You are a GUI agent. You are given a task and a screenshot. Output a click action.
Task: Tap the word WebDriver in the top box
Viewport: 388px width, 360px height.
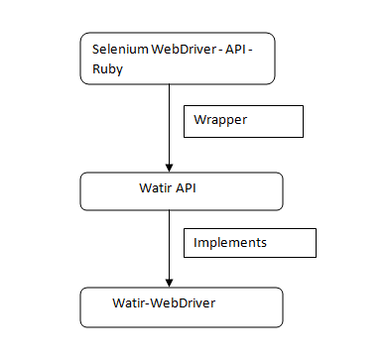click(x=183, y=50)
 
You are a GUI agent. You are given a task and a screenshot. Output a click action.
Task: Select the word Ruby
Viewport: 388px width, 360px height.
click(x=105, y=67)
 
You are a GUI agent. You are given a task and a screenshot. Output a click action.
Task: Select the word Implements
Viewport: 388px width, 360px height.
click(x=230, y=241)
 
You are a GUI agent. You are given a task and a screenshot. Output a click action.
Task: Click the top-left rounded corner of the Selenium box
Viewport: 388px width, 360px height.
click(x=83, y=36)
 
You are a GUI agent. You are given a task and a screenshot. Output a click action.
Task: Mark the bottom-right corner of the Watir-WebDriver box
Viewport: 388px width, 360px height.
click(x=281, y=324)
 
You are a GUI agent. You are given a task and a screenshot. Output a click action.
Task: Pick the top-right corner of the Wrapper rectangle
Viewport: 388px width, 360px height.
click(x=302, y=105)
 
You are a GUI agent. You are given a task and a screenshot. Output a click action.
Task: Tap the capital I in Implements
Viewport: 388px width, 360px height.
click(x=196, y=241)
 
